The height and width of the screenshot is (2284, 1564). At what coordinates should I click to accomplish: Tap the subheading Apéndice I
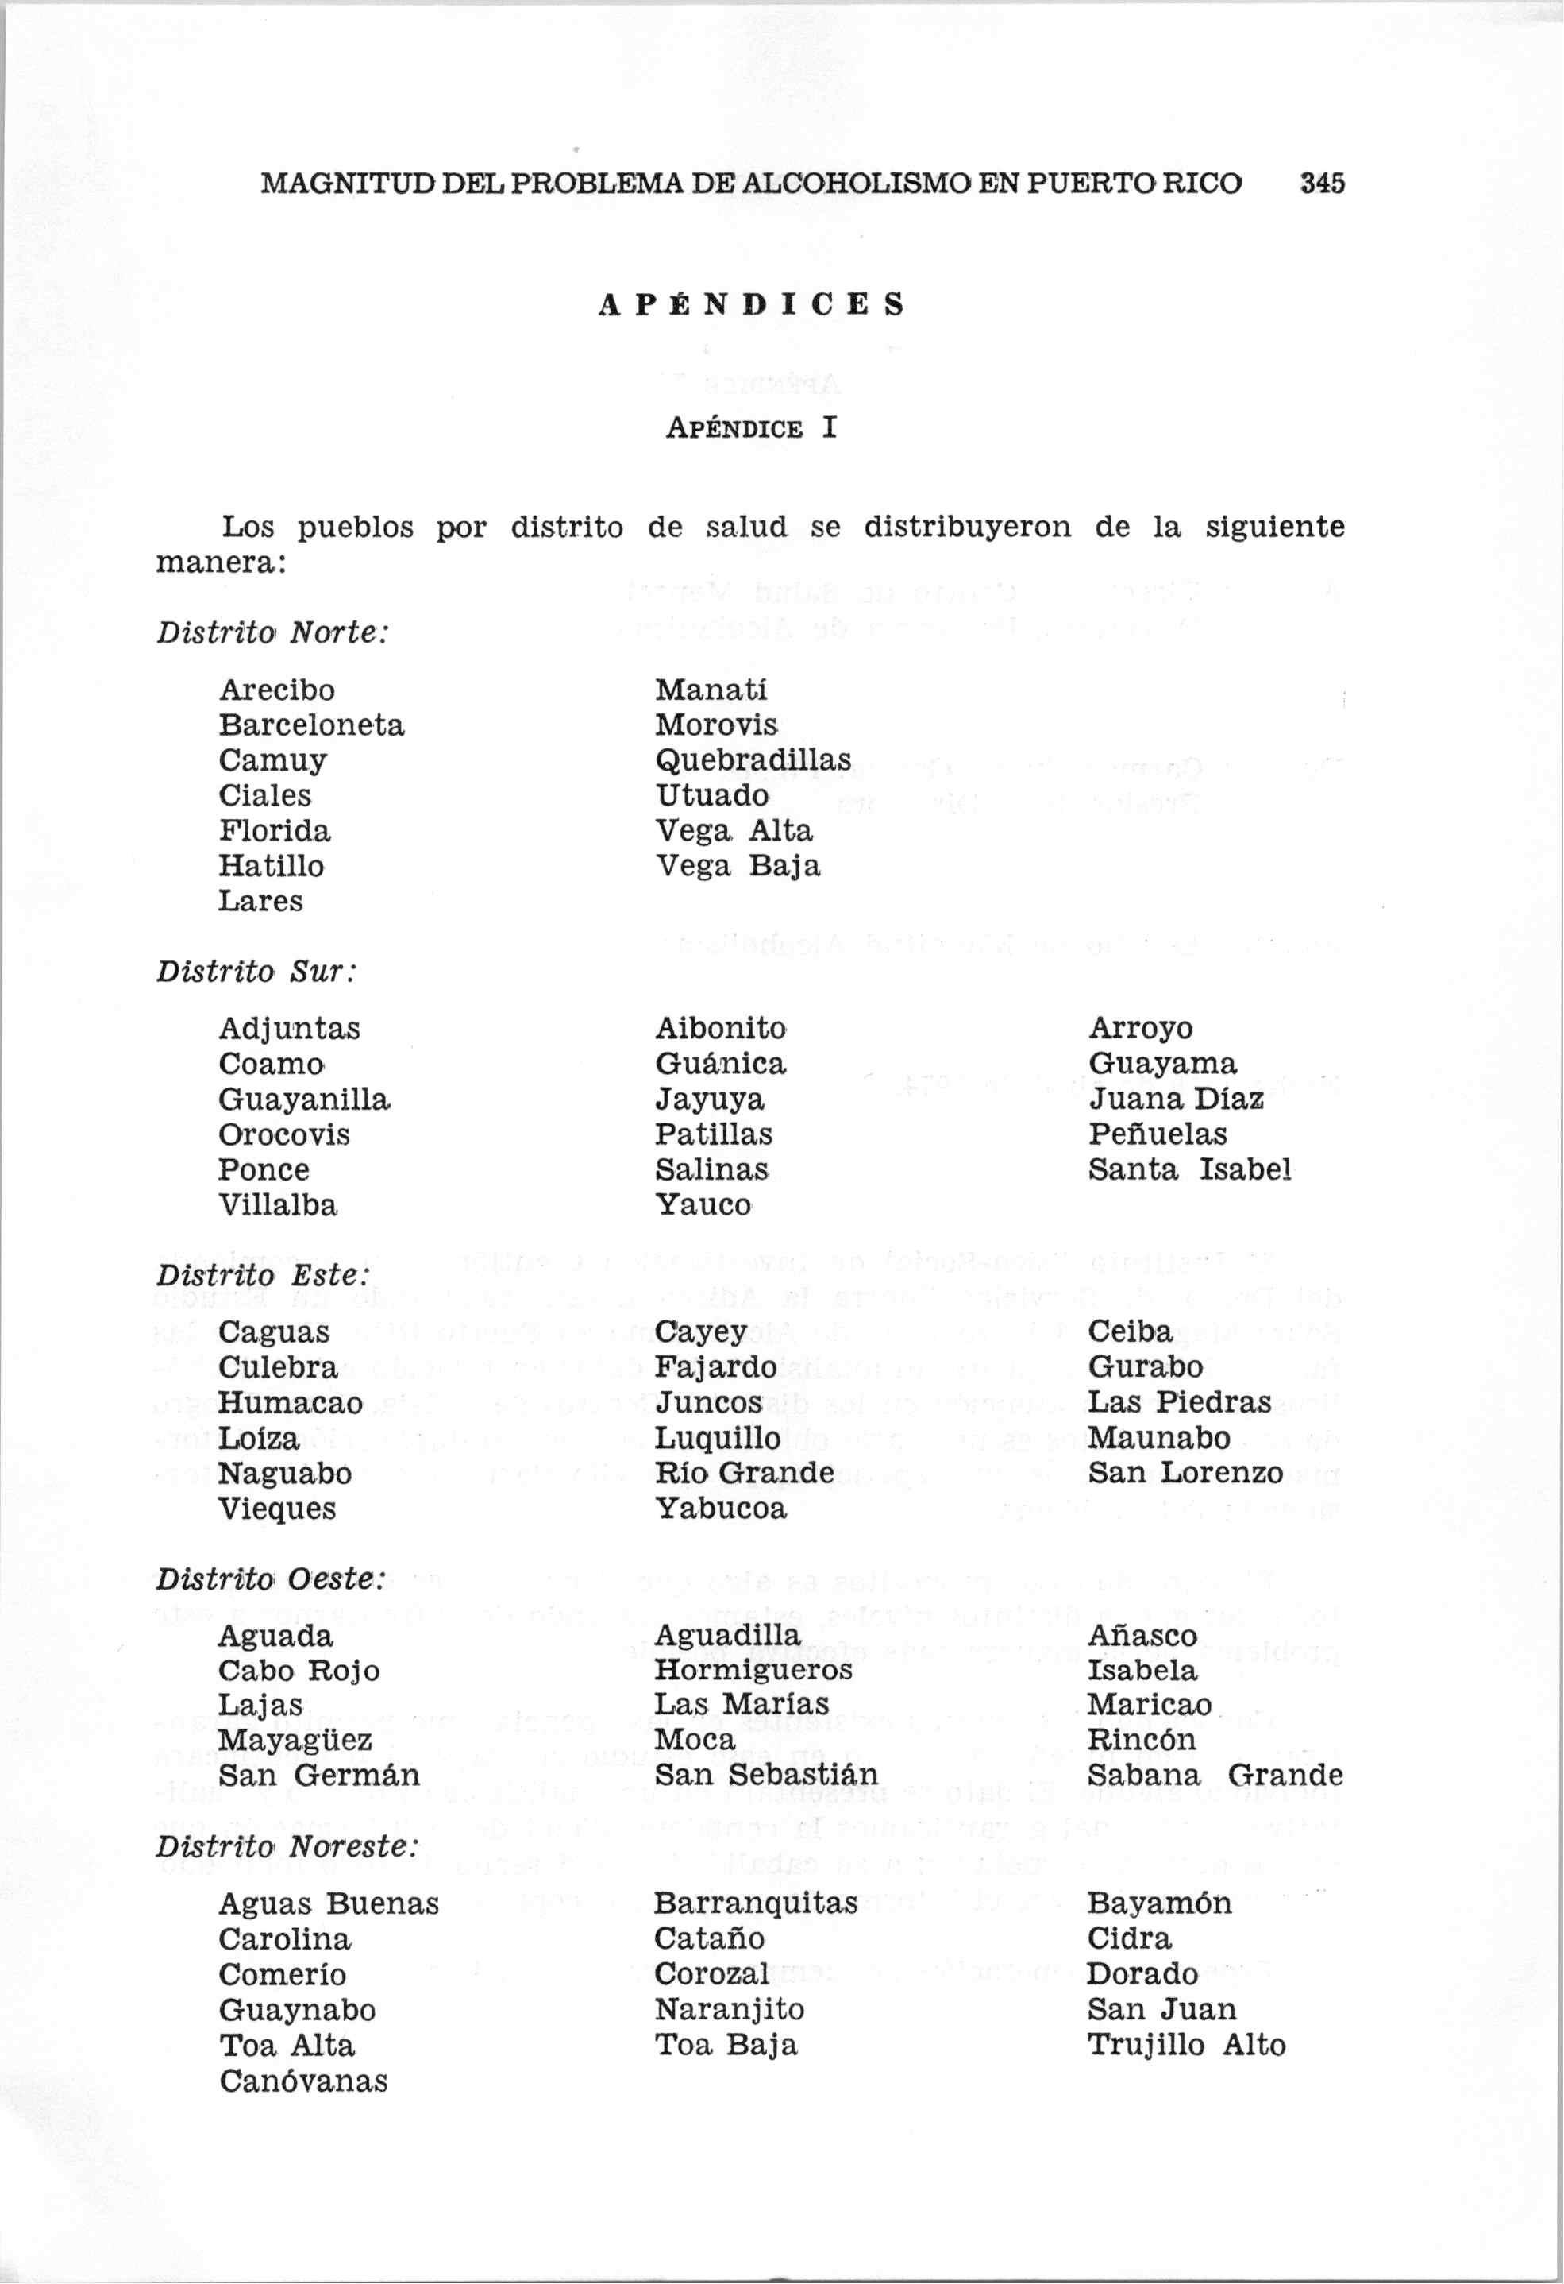752,428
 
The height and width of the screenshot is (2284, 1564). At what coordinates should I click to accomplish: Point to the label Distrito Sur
256,971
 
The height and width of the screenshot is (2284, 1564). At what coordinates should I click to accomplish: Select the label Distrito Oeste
269,1579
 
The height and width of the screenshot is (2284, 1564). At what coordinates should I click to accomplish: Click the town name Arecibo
277,690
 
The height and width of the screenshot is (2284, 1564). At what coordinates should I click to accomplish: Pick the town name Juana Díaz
1176,1099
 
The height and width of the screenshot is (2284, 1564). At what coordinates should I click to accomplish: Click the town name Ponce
264,1169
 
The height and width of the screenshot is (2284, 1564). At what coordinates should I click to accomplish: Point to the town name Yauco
703,1205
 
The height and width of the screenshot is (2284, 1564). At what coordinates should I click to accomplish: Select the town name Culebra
278,1367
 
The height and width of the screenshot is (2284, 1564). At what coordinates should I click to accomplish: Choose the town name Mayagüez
295,1741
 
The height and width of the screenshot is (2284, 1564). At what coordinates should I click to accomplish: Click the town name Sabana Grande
1215,1776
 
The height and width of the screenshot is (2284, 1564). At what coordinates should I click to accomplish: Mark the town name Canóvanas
303,2081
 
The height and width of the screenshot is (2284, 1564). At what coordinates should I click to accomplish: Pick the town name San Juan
1161,2010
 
